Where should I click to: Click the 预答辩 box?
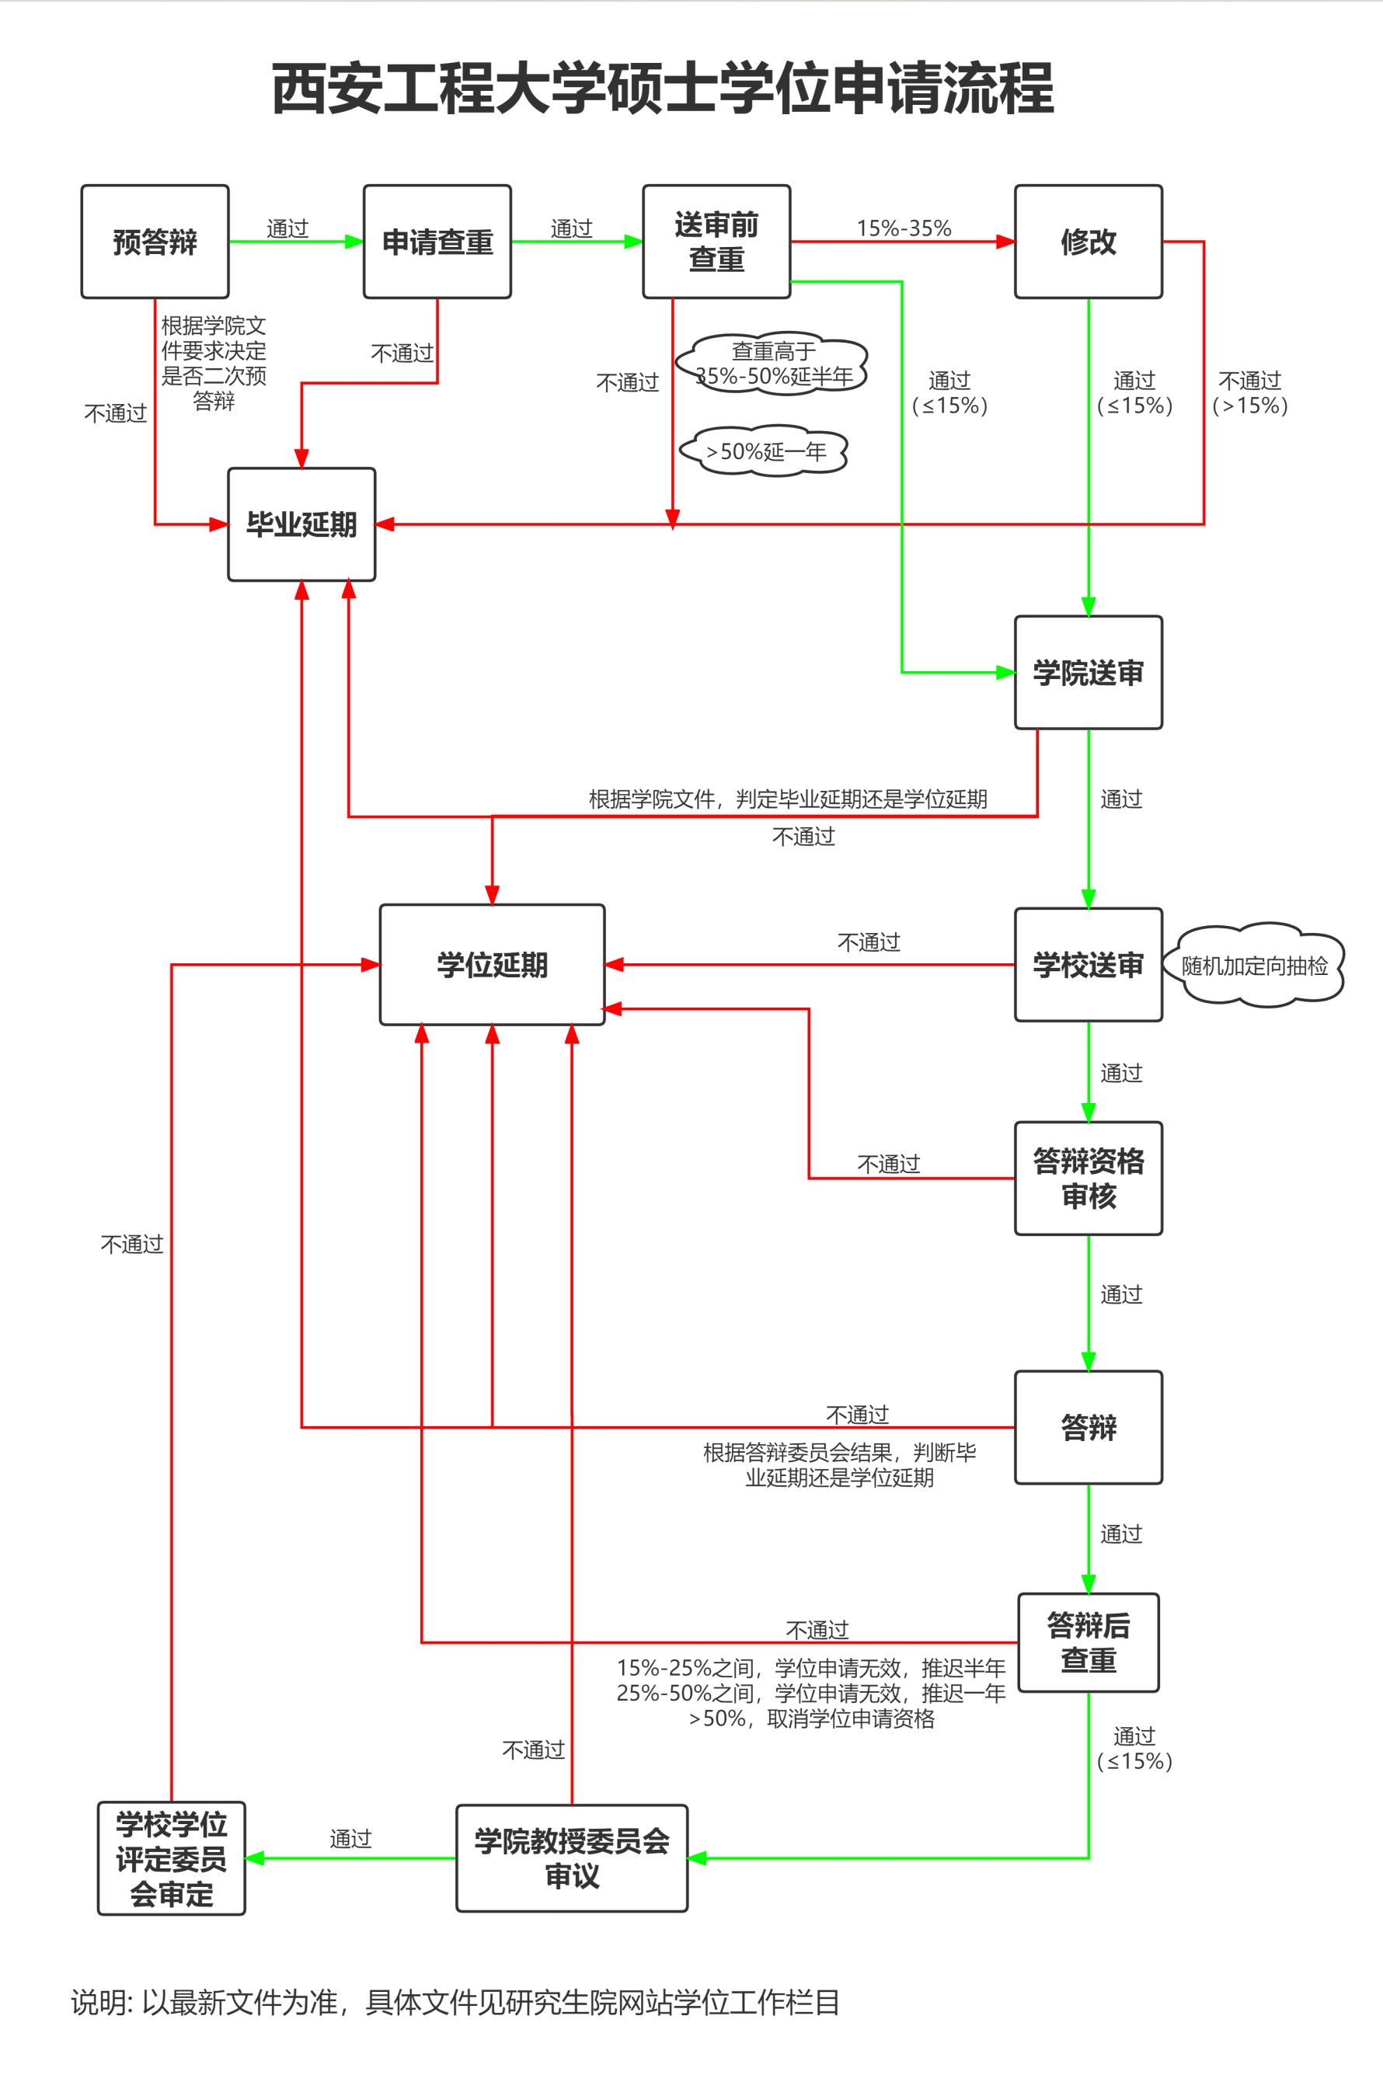(x=155, y=242)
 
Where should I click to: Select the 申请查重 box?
(x=437, y=242)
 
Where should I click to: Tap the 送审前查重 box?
(x=716, y=242)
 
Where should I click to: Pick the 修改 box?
(x=1089, y=242)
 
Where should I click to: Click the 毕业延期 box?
(x=301, y=524)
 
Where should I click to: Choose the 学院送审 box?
(x=1089, y=673)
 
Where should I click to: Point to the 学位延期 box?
(x=492, y=965)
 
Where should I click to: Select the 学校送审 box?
(x=1089, y=965)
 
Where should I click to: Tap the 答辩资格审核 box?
(x=1089, y=1179)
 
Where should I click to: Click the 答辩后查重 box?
(x=1089, y=1642)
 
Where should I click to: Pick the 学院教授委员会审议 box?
(x=572, y=1858)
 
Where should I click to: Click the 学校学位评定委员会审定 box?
(x=171, y=1858)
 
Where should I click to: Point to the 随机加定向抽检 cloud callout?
(x=1254, y=966)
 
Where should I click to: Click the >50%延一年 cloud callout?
(x=765, y=451)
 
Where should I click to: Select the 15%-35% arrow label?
(x=904, y=228)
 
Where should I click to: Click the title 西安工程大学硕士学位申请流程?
(x=664, y=89)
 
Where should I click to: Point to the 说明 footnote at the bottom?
(x=455, y=2003)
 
